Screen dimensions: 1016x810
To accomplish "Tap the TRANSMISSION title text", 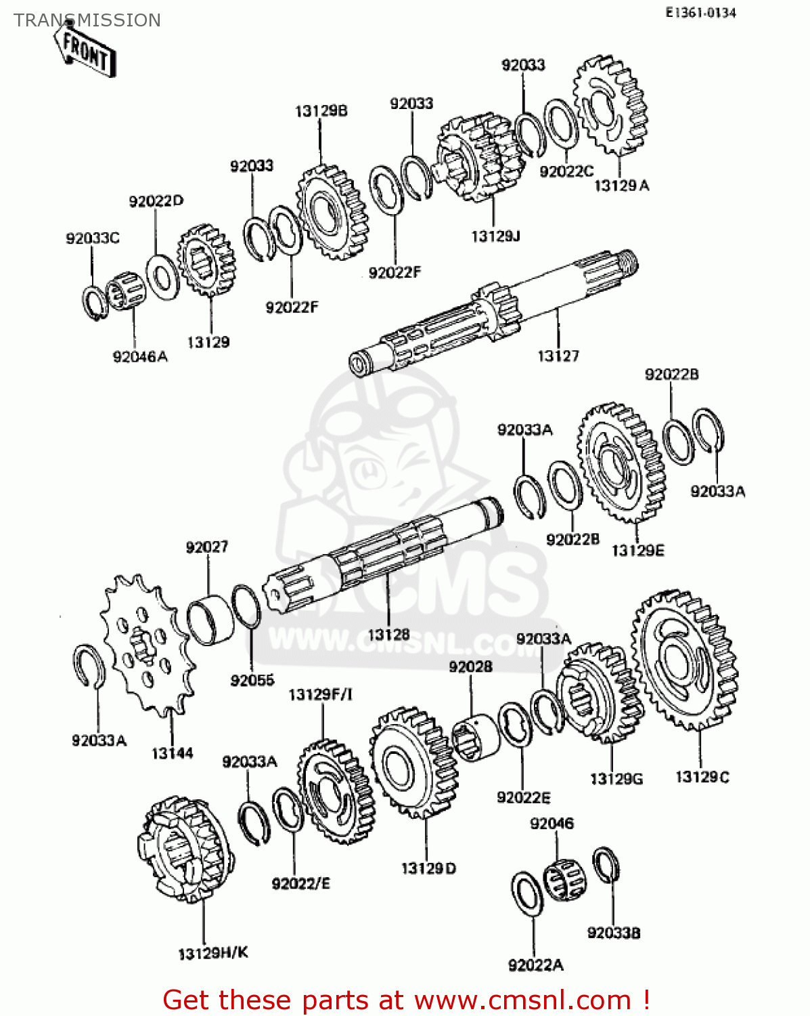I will tap(87, 20).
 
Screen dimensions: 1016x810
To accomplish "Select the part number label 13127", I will tap(558, 356).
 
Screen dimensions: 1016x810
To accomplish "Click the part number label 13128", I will tap(388, 634).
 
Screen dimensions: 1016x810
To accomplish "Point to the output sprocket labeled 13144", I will tap(146, 643).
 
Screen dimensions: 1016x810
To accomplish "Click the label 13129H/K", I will tap(213, 953).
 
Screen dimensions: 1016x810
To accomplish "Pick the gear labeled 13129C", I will tap(684, 660).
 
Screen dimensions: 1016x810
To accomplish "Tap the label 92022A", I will tap(535, 965).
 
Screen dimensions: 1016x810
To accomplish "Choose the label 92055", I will tap(252, 680).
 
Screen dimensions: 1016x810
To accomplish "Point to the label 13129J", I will tap(495, 236).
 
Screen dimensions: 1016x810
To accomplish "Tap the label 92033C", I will tap(93, 238).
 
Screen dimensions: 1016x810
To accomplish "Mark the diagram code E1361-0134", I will tap(700, 12).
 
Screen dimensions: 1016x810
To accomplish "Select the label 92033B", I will tap(613, 933).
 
